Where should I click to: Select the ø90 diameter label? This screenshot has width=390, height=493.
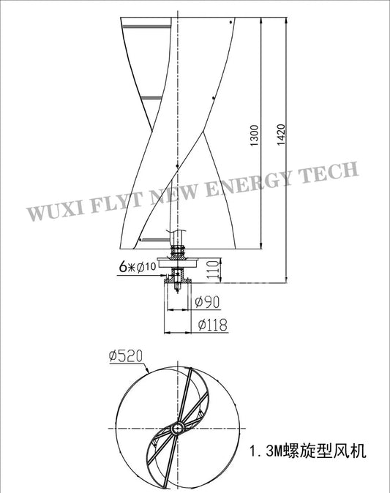tap(209, 301)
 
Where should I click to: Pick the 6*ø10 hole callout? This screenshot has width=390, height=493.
tap(138, 266)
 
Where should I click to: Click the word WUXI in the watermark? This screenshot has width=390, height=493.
tap(52, 211)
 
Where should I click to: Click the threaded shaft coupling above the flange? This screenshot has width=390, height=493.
tap(178, 249)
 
